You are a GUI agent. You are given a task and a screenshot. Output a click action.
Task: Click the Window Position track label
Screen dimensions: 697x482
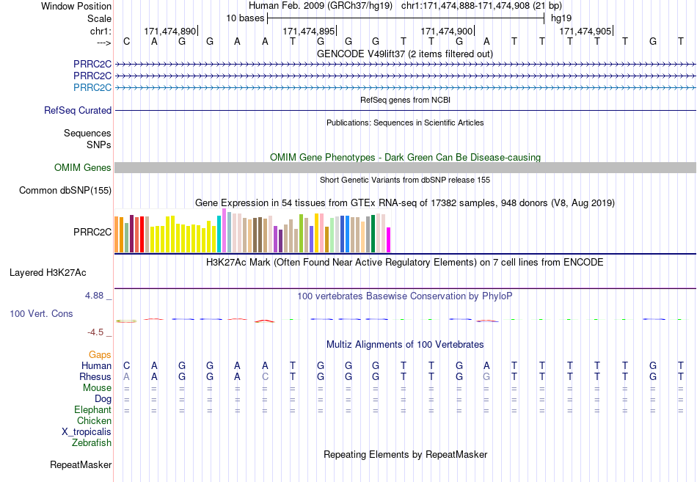76,6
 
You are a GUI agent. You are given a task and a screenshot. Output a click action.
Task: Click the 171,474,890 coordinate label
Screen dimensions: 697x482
169,31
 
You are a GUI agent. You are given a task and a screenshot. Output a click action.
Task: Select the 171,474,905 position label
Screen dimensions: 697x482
585,31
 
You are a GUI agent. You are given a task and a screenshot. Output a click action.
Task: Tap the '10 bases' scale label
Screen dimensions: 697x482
245,18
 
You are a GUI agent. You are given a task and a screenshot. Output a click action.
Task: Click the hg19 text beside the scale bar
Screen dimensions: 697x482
561,18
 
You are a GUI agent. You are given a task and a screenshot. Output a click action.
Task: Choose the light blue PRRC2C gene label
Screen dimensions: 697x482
92,87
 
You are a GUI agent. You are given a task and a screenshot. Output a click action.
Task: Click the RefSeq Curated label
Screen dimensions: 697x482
78,110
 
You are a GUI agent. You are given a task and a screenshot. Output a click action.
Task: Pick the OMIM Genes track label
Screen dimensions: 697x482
83,167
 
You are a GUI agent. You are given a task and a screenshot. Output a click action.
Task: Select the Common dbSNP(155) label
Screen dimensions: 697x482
65,190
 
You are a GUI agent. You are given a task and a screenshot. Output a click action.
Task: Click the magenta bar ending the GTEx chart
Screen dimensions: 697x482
389,240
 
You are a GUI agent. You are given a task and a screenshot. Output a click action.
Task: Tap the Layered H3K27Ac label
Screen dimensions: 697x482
48,273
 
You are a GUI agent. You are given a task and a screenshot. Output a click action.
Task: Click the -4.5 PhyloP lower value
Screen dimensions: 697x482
95,332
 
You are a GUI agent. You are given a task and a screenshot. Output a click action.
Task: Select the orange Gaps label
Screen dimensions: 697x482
100,354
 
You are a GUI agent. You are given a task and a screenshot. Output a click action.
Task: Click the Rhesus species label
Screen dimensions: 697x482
95,376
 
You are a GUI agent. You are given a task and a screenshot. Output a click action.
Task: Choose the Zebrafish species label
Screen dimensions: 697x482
92,442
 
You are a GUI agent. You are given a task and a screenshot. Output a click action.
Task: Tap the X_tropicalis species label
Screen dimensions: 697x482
87,432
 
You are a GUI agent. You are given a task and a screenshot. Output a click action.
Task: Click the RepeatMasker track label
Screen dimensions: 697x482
81,464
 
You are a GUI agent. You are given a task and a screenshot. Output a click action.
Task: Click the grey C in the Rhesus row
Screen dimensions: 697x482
265,376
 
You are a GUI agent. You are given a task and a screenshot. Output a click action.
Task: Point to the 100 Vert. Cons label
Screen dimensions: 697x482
41,313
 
